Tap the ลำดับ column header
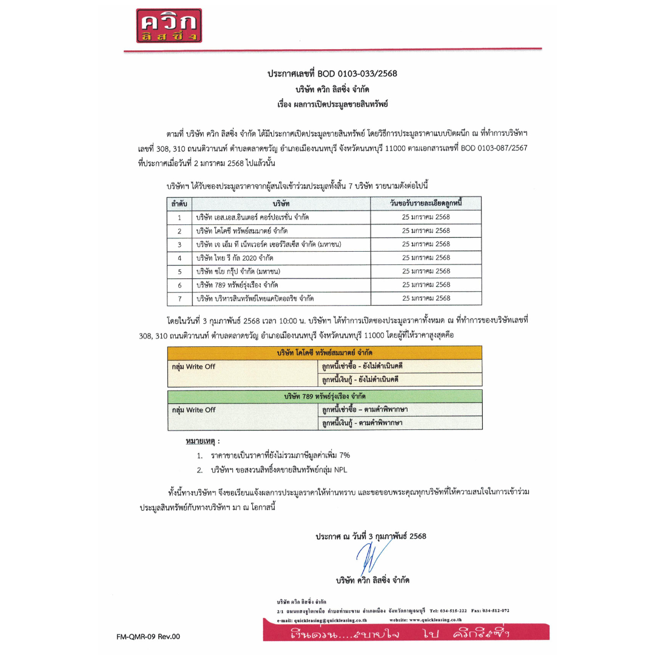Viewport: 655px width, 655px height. [179, 203]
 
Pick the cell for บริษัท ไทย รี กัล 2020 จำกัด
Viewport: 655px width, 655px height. [234, 258]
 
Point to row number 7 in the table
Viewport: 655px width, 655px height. [180, 298]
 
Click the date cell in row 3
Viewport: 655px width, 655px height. [426, 244]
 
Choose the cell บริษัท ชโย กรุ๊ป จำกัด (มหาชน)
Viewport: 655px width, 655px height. [238, 271]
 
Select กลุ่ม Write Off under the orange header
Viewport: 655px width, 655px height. [193, 366]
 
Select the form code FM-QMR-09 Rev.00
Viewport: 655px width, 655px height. [149, 636]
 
